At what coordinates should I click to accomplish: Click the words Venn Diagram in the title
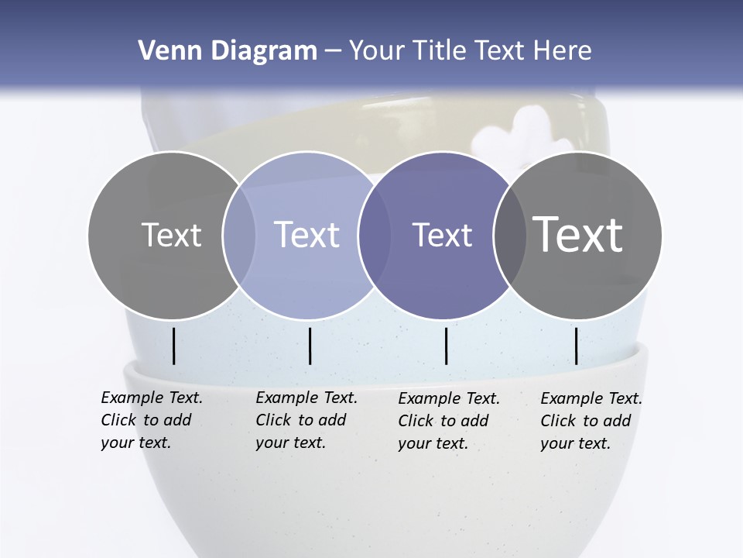[227, 51]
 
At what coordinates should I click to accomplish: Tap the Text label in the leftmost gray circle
[171, 235]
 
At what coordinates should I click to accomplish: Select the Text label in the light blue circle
[306, 235]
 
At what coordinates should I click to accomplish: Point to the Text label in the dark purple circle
[442, 235]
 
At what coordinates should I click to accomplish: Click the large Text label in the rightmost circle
[577, 235]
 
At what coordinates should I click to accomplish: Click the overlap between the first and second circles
[239, 236]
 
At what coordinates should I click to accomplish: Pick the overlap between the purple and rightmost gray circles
[505, 236]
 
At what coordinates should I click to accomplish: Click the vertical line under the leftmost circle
[174, 346]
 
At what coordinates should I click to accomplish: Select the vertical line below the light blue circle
[310, 346]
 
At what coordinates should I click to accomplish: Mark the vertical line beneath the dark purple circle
[446, 346]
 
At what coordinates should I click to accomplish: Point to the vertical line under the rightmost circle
[577, 346]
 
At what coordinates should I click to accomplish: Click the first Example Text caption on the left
[151, 420]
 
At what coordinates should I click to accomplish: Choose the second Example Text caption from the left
[306, 420]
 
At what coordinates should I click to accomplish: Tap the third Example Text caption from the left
[448, 421]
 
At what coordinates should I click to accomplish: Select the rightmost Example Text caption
[591, 421]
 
